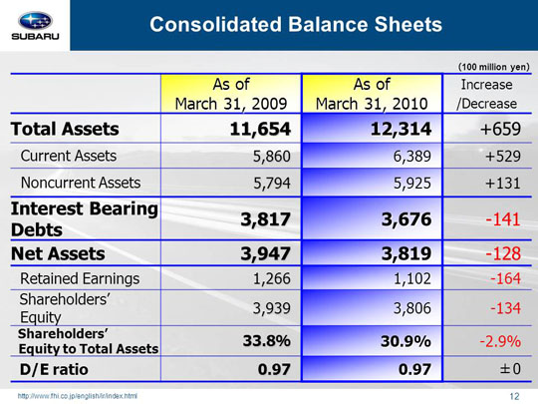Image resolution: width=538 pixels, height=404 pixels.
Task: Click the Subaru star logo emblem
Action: [35, 21]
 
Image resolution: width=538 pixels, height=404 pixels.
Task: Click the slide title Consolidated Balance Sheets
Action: [296, 24]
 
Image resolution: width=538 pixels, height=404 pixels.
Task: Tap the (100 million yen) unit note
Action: [494, 67]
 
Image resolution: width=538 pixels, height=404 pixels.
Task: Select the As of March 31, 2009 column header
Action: [231, 94]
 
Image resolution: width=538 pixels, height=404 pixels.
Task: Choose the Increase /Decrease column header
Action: [486, 94]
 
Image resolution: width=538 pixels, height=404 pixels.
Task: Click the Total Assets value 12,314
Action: [401, 129]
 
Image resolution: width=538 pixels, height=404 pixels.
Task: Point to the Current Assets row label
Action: [69, 156]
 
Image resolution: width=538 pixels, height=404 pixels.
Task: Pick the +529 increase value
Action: [503, 157]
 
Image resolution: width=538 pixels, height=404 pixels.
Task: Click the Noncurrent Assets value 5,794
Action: [272, 184]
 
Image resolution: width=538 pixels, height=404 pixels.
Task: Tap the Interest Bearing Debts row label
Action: [85, 219]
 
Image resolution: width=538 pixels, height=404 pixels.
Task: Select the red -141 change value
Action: [503, 219]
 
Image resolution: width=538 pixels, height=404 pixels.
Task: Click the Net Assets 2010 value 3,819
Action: [406, 253]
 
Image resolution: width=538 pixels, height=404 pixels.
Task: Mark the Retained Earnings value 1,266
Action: [272, 278]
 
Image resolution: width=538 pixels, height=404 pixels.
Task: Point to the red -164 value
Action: [505, 278]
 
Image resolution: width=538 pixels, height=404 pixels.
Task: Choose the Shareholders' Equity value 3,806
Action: [412, 308]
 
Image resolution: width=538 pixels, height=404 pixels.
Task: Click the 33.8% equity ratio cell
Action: [267, 341]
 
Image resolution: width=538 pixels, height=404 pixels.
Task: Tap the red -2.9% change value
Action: [500, 341]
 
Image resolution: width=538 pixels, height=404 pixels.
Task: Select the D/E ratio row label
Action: [54, 370]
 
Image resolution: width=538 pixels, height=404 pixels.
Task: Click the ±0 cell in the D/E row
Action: [510, 369]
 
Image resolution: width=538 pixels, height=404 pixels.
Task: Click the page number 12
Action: [514, 396]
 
